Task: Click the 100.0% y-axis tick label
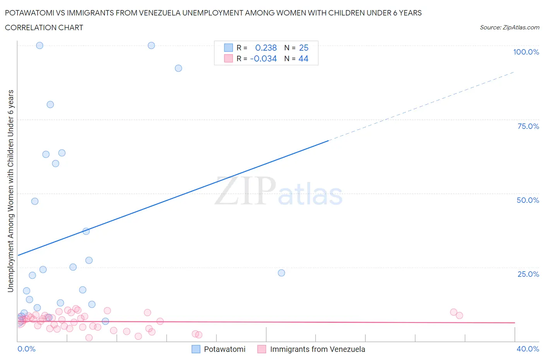coord(526,52)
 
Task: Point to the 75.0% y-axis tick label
coord(528,126)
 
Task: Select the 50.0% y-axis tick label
coord(528,200)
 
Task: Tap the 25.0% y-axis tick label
coord(528,274)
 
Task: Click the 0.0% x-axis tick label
coord(26,349)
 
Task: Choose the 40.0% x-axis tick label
coord(528,349)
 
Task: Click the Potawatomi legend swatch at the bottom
coord(196,349)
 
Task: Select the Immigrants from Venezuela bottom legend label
coord(317,349)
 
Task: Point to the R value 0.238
coord(266,48)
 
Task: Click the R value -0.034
coord(263,58)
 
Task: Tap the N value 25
coord(304,48)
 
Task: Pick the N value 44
coord(303,58)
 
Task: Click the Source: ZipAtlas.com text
coord(509,27)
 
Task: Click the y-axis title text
coord(10,191)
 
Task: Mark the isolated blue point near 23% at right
coord(281,273)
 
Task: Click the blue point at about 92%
coord(178,68)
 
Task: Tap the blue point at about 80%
coord(50,105)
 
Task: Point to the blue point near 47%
coord(35,201)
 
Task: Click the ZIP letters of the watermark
coord(245,191)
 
